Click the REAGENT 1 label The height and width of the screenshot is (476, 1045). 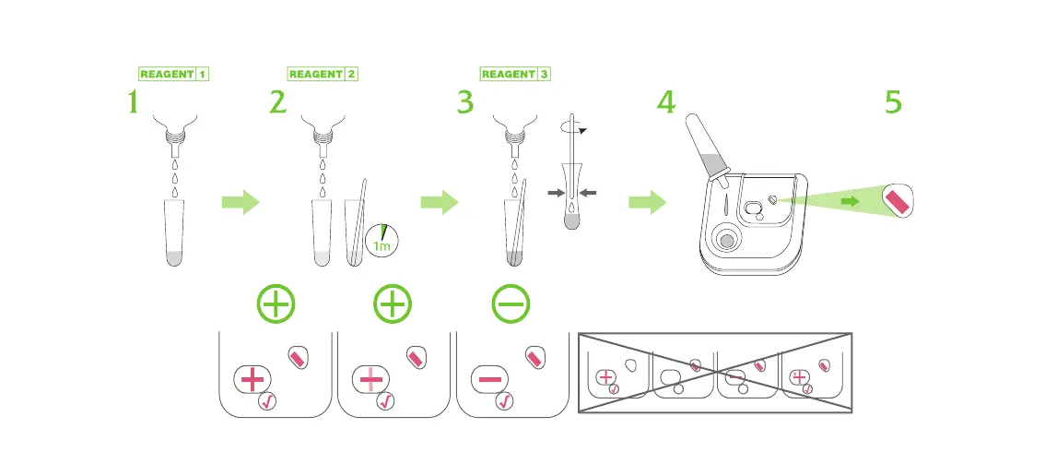pyautogui.click(x=174, y=74)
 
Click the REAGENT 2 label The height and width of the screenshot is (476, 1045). pyautogui.click(x=323, y=74)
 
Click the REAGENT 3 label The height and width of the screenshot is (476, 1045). pyautogui.click(x=515, y=74)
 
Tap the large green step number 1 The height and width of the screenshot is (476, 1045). pyautogui.click(x=134, y=103)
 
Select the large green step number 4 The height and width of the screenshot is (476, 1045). pyautogui.click(x=665, y=103)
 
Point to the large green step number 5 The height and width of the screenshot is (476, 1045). pyautogui.click(x=893, y=103)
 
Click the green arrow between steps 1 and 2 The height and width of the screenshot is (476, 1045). pyautogui.click(x=241, y=203)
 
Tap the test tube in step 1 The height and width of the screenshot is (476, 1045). pyautogui.click(x=174, y=232)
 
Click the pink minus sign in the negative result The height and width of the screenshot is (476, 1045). pyautogui.click(x=490, y=379)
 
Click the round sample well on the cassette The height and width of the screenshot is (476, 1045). pyautogui.click(x=727, y=240)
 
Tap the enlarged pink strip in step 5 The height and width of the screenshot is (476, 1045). pyautogui.click(x=898, y=200)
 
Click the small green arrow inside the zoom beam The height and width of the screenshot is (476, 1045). pyautogui.click(x=852, y=200)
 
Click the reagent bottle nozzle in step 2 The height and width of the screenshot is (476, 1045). pyautogui.click(x=323, y=142)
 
